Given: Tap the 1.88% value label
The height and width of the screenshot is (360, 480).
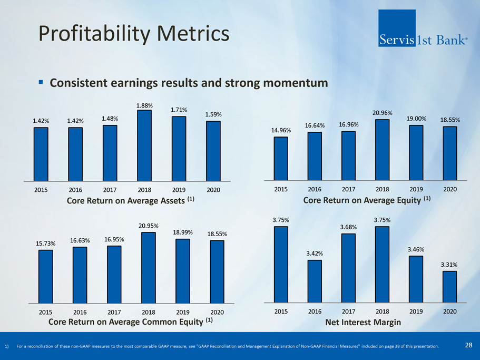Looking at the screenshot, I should pyautogui.click(x=144, y=105).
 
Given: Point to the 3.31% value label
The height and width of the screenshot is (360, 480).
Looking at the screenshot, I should pyautogui.click(x=449, y=265).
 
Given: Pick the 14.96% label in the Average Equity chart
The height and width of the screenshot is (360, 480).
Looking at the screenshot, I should pyautogui.click(x=281, y=131).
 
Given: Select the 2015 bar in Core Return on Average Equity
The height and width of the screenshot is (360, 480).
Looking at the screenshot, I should pyautogui.click(x=281, y=158).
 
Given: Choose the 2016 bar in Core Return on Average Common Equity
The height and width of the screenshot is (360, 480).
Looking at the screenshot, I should pyautogui.click(x=80, y=275).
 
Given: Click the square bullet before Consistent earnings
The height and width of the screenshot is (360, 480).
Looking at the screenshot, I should pyautogui.click(x=41, y=82).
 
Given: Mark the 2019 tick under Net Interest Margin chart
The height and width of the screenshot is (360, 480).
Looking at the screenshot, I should pyautogui.click(x=416, y=312).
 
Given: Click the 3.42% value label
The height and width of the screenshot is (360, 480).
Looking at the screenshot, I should pyautogui.click(x=315, y=254).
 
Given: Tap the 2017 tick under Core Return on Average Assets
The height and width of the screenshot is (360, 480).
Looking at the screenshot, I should pyautogui.click(x=110, y=190).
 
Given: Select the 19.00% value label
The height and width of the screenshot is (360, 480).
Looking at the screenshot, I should pyautogui.click(x=416, y=119).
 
